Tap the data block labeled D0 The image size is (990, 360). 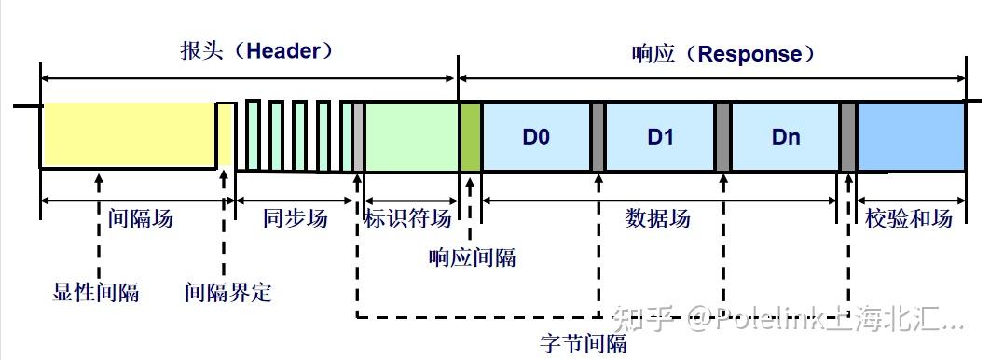coord(536,137)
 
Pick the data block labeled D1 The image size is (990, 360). coord(660,137)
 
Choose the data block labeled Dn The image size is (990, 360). coord(786,137)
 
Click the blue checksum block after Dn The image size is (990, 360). coord(911,137)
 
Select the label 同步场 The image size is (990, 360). coord(295,219)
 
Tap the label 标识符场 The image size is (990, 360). coord(407,219)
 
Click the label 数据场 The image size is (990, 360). coord(658,219)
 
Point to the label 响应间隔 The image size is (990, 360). coord(472,257)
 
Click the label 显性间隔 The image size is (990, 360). coord(96,292)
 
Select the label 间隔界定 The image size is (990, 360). coord(228,292)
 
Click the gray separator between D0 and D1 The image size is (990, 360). coord(598,137)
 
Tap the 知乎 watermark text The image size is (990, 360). coord(651,323)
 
